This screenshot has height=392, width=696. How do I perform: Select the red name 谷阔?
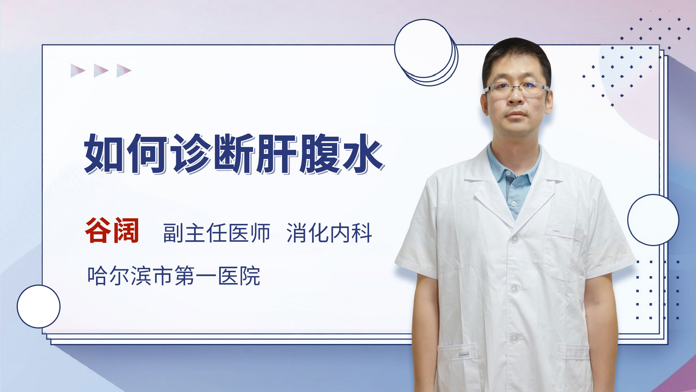(112, 231)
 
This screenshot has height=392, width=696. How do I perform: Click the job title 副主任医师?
(217, 233)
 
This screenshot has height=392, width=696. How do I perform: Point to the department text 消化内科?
(330, 233)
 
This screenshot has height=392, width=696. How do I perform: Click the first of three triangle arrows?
(78, 70)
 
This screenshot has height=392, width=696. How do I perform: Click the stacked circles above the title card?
(426, 53)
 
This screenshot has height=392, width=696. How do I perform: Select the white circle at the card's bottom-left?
(39, 307)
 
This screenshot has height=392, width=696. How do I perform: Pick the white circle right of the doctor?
(653, 220)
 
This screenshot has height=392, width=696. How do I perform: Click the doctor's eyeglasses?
(516, 88)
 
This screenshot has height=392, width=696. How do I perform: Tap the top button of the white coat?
(515, 238)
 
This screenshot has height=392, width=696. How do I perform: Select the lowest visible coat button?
(514, 338)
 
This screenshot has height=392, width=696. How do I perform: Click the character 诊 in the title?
(191, 154)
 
